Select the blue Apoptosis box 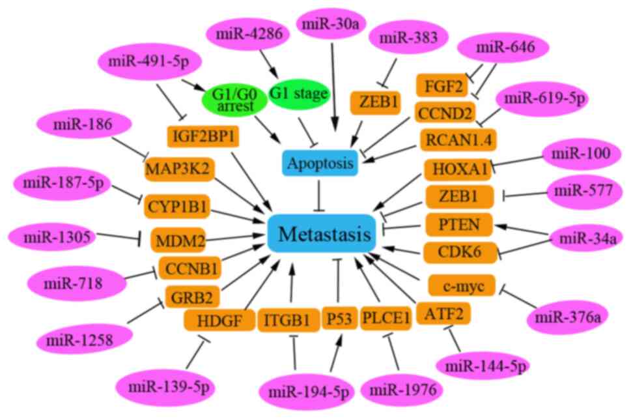pyautogui.click(x=320, y=163)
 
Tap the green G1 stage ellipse pyautogui.click(x=298, y=94)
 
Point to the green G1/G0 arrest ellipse pyautogui.click(x=234, y=100)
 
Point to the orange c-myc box pyautogui.click(x=462, y=285)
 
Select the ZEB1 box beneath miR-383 pyautogui.click(x=375, y=102)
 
